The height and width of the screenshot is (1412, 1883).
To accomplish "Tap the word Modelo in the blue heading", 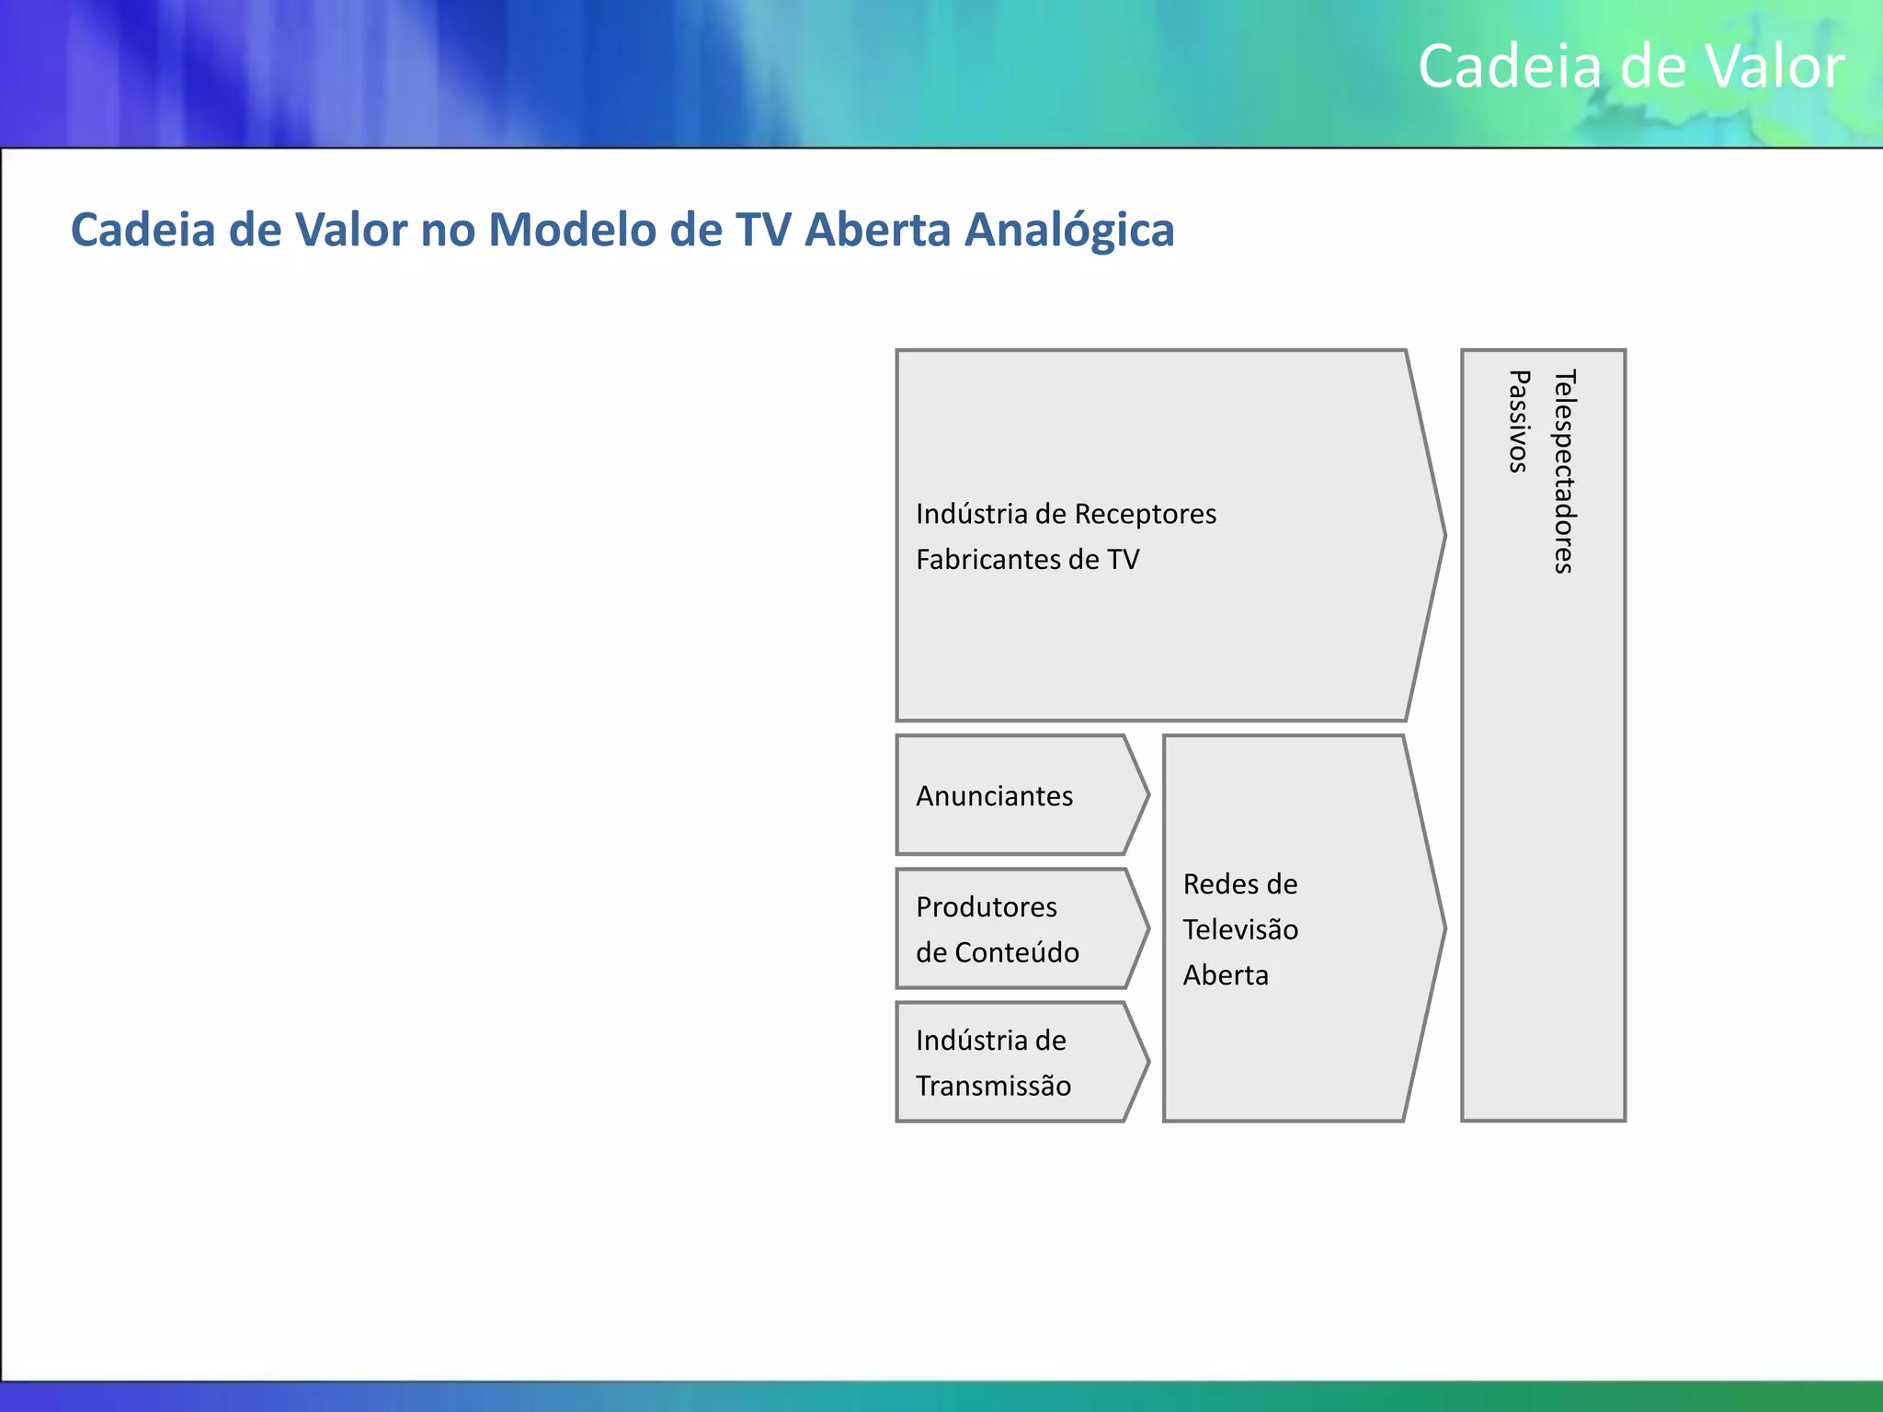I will point(571,231).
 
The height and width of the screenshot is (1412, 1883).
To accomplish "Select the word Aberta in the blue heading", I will point(876,231).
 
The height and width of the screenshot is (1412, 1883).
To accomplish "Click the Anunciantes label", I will point(994,796).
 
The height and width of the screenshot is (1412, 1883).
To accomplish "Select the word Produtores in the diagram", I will point(986,907).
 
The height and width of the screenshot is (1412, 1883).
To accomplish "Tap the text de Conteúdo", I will point(997,952).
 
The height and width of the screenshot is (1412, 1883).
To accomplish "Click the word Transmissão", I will point(993,1086).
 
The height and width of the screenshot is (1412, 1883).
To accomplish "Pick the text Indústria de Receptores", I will point(1065,514).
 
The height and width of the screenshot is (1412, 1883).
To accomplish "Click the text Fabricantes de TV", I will point(1027,560).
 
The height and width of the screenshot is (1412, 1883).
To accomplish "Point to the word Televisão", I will point(1239,929).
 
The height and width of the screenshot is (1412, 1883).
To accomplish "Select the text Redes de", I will point(1239,884).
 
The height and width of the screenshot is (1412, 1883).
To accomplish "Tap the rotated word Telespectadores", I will point(1564,472).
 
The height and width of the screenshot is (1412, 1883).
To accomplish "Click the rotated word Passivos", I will point(1519,421).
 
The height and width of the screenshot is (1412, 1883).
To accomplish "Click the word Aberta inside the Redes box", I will point(1225,975).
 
